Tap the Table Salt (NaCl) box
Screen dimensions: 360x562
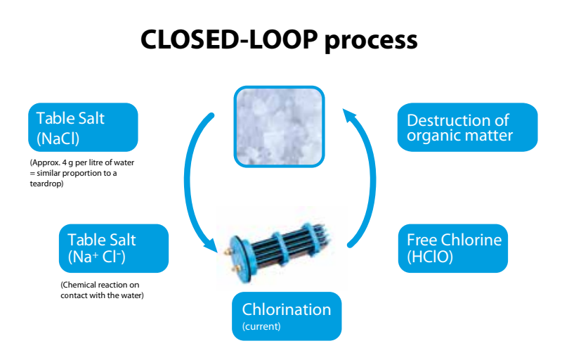pos(82,127)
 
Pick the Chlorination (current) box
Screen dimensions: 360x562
pos(287,316)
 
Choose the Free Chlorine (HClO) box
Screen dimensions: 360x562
pos(452,248)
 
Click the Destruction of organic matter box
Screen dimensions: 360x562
pos(467,127)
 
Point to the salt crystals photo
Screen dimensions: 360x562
pos(279,127)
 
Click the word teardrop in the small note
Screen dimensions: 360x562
pos(44,184)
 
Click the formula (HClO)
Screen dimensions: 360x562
pos(430,257)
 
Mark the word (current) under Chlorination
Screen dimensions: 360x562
pos(261,326)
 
